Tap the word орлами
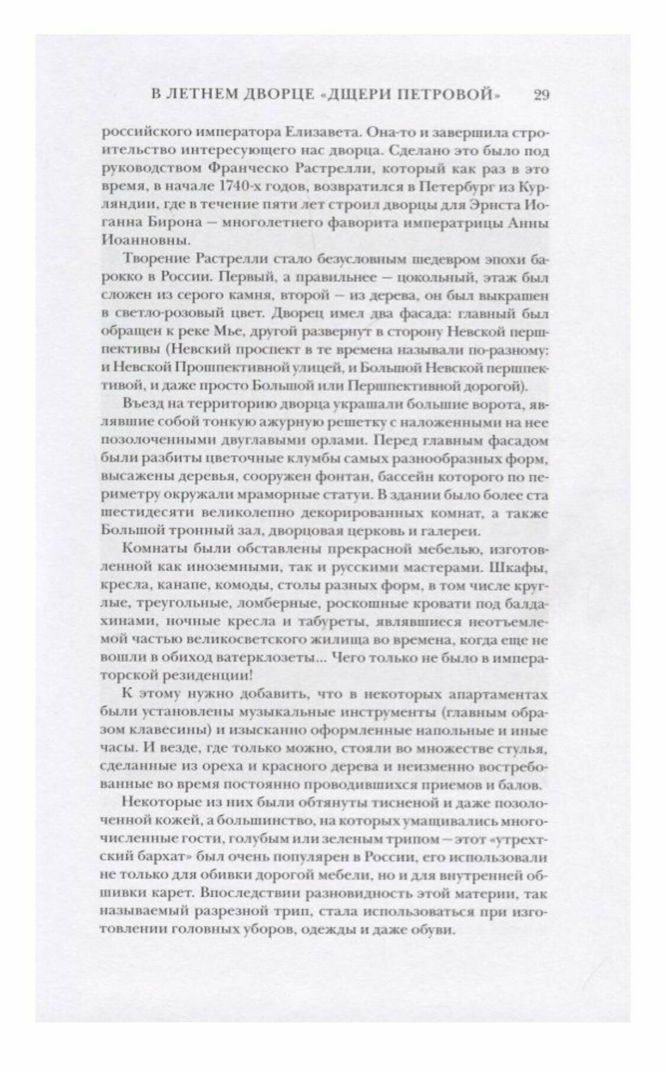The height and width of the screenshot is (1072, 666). tap(324, 442)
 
